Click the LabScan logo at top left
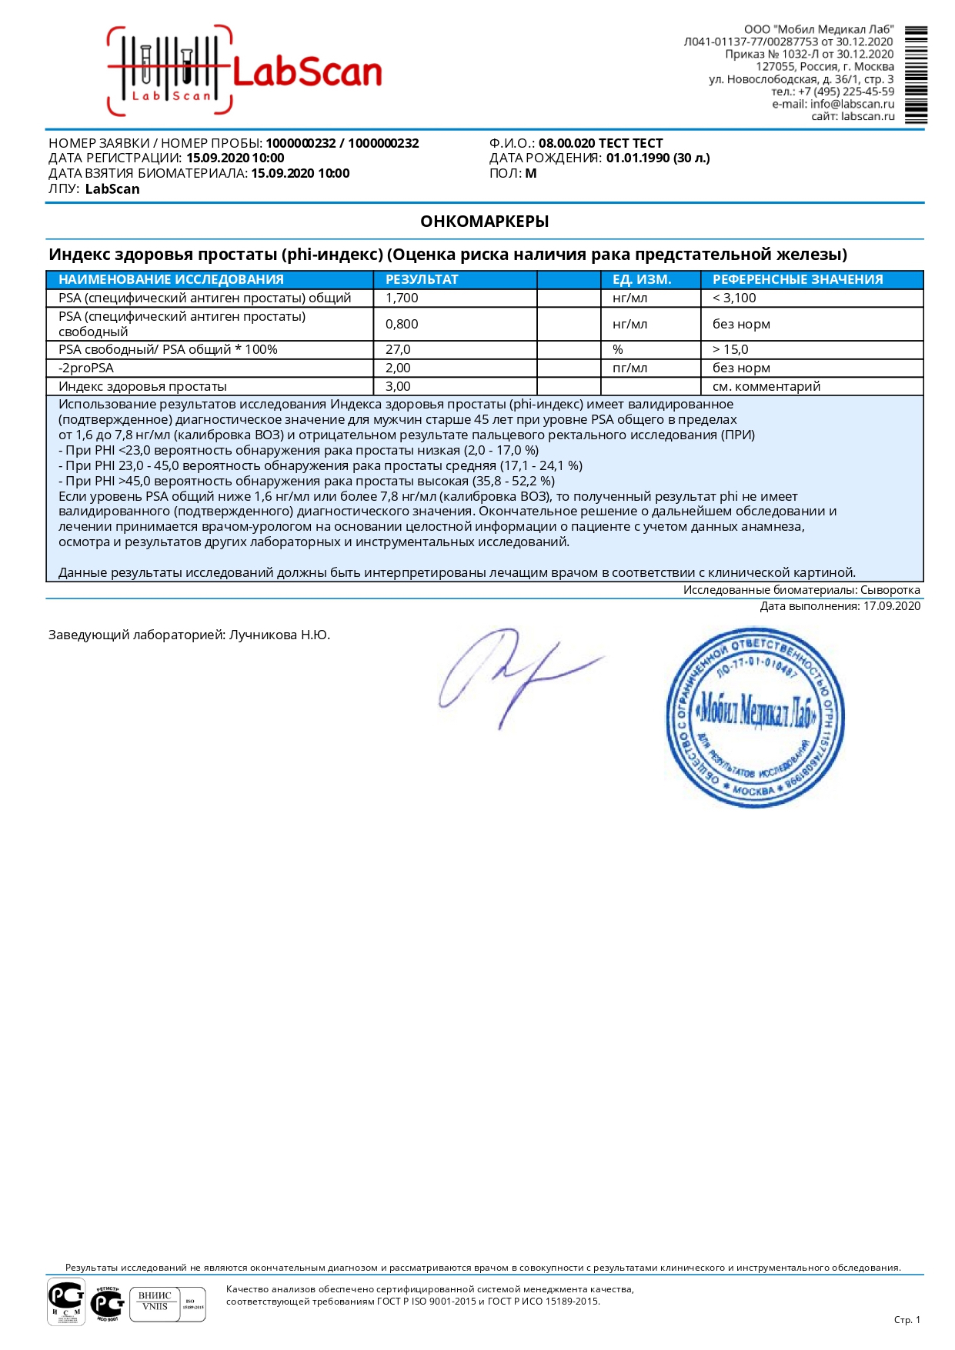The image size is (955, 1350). [x=245, y=71]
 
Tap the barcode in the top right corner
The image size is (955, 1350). [x=916, y=75]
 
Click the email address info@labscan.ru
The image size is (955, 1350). [x=852, y=104]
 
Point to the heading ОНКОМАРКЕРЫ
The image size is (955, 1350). [x=484, y=222]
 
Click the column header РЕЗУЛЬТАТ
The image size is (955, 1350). [x=422, y=279]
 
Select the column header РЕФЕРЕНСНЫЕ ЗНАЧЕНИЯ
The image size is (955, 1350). [x=797, y=279]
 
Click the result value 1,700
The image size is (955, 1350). [x=402, y=298]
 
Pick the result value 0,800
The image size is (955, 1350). [x=402, y=324]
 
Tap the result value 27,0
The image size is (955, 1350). [x=398, y=349]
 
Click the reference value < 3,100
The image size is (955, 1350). [x=734, y=298]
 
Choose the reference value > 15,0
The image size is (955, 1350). [x=730, y=349]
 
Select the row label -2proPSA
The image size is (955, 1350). [x=86, y=368]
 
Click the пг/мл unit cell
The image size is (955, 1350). [x=629, y=368]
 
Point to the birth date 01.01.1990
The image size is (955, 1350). [x=637, y=158]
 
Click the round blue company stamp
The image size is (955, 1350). [x=754, y=717]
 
